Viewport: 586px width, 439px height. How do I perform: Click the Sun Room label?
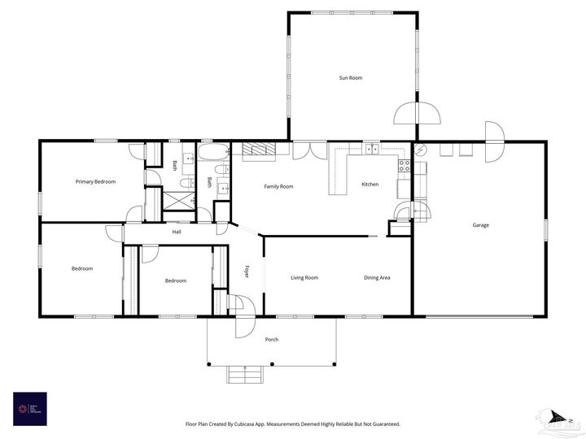point(351,78)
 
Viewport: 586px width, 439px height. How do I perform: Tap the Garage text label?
point(481,225)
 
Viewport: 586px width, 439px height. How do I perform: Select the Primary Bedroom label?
point(95,182)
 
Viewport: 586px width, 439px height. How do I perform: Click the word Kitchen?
point(370,185)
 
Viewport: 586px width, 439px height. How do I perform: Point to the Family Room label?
point(278,187)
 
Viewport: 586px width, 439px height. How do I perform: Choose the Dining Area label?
point(377,278)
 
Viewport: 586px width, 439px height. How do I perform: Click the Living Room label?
point(304,278)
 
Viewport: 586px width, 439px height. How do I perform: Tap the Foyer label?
point(247,271)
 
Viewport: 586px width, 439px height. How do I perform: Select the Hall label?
point(177,233)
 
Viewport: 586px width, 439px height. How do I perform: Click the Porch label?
point(272,340)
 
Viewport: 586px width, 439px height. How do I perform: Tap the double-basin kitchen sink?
point(372,149)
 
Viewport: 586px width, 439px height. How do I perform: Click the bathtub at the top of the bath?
point(215,151)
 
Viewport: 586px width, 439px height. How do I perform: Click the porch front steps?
point(243,374)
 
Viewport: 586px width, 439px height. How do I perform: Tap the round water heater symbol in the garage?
point(422,150)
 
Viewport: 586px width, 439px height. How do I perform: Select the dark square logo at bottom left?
point(29,409)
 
